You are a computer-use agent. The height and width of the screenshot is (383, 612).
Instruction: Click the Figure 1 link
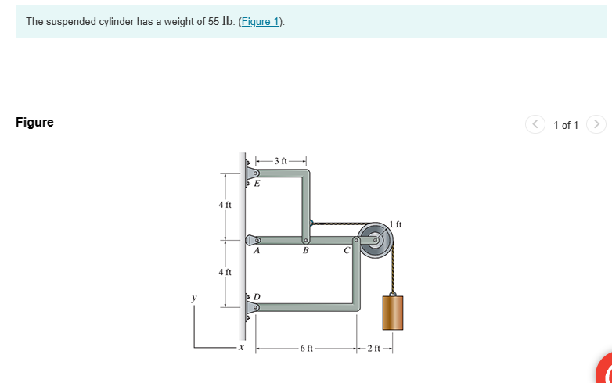(x=262, y=22)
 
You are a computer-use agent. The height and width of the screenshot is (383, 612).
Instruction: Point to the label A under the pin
(x=256, y=252)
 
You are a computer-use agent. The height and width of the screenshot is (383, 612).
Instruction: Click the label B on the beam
(x=305, y=252)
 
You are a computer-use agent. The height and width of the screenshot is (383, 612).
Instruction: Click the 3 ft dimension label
(x=279, y=162)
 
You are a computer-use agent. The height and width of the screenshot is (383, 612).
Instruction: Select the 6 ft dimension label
(x=306, y=349)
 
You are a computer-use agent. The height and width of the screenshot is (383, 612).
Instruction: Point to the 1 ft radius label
(x=396, y=224)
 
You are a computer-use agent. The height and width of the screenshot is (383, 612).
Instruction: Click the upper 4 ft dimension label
(x=225, y=205)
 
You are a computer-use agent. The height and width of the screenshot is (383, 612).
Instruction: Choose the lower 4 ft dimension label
(x=225, y=272)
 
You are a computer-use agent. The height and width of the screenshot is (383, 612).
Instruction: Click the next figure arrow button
(x=596, y=124)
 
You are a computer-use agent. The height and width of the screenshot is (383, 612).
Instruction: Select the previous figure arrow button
(x=536, y=124)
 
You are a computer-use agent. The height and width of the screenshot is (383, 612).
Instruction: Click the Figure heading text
(x=34, y=123)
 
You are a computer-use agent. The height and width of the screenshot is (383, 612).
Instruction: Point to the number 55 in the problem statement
(x=214, y=22)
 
